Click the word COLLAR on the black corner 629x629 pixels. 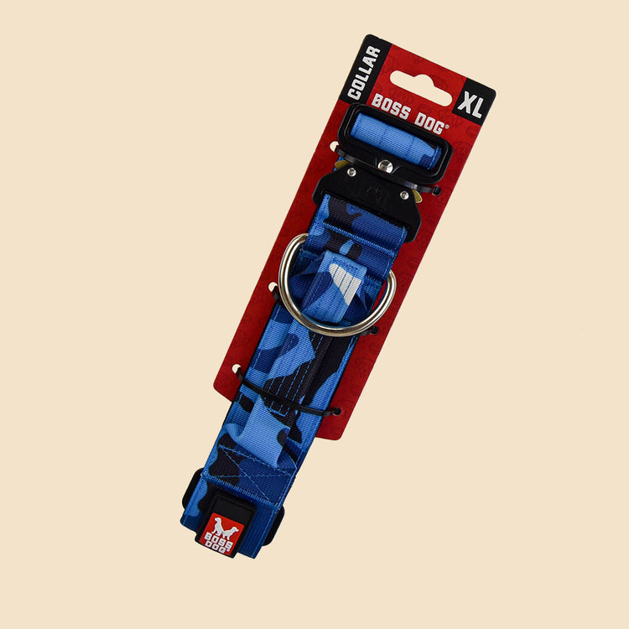pyautogui.click(x=364, y=73)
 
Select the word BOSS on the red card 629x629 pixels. pyautogui.click(x=391, y=107)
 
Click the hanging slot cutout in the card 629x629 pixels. pyautogui.click(x=421, y=88)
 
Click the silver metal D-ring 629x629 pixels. pyautogui.click(x=337, y=286)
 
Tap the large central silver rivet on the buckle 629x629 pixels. pyautogui.click(x=385, y=165)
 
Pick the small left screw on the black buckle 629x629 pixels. pyautogui.click(x=351, y=173)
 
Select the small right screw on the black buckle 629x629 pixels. pyautogui.click(x=404, y=195)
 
